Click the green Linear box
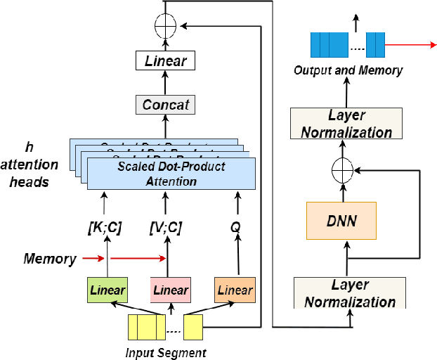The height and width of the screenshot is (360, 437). [x=107, y=290]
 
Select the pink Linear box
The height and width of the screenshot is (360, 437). [x=170, y=290]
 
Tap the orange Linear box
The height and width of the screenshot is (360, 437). [x=234, y=290]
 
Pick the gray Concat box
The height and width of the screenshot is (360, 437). [x=167, y=105]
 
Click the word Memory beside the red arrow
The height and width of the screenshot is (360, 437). [x=49, y=259]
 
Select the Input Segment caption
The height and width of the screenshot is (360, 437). [x=166, y=352]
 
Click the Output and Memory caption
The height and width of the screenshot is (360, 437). [x=348, y=70]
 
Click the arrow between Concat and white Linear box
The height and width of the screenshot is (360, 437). [x=167, y=83]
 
